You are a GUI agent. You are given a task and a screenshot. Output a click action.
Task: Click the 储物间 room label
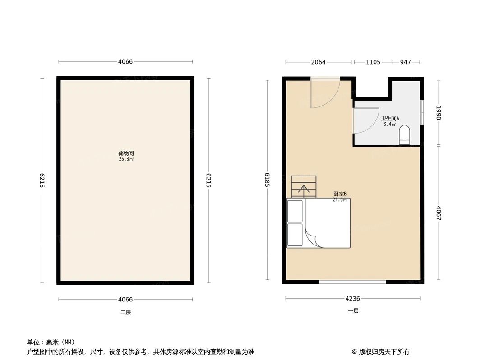click(125, 153)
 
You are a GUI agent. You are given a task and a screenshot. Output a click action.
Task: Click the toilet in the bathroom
click(404, 134)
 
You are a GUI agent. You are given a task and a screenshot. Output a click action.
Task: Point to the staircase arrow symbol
click(304, 190)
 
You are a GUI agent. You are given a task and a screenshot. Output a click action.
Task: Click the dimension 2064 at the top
click(318, 62)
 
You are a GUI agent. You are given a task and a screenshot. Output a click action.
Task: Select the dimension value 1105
click(373, 62)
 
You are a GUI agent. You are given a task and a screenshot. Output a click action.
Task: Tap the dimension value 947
click(406, 62)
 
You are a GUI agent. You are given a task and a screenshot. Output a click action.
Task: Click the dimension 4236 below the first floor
click(352, 298)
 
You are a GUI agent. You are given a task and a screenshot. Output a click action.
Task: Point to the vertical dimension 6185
click(268, 180)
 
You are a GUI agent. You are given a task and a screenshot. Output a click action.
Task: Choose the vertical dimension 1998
click(438, 113)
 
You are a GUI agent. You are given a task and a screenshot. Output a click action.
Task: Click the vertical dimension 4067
click(438, 213)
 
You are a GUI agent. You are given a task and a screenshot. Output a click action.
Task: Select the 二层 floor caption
click(125, 312)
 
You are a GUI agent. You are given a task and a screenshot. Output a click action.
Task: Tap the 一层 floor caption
click(353, 311)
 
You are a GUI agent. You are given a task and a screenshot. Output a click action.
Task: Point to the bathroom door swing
click(365, 121)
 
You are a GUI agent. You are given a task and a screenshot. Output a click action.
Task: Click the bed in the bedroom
click(318, 223)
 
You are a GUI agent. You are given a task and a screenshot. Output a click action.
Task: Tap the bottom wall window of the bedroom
click(352, 282)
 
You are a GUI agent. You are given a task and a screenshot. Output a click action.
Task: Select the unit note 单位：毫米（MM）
click(51, 342)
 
